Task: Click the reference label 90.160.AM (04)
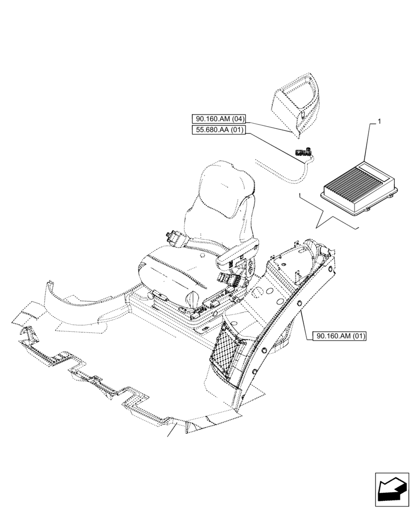coord(219,119)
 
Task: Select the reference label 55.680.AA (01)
coord(219,130)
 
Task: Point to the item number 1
coord(378,121)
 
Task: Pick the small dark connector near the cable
coord(304,151)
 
